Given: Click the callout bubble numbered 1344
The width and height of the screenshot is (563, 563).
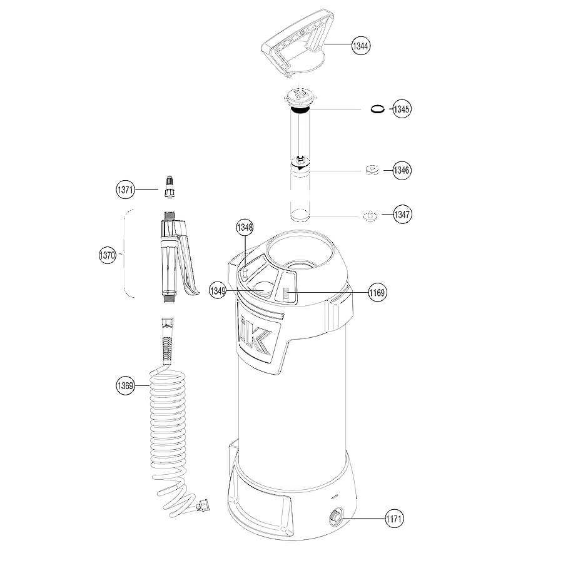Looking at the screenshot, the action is pos(361,46).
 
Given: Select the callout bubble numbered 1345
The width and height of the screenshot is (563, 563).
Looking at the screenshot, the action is pos(401,109).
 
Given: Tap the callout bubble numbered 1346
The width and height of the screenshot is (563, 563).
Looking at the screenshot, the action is pos(402,170).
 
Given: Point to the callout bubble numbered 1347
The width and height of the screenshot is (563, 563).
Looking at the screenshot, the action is pos(402,215).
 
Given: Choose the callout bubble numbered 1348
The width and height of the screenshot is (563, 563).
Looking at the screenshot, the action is pos(245,227).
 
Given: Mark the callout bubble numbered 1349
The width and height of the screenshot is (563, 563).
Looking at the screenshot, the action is pos(218,290).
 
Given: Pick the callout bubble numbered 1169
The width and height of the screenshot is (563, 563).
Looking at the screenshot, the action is pos(377,293).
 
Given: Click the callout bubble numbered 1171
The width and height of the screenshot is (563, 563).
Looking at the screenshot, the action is pos(394,519).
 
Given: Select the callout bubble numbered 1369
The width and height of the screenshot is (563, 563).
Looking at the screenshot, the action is pos(125,385).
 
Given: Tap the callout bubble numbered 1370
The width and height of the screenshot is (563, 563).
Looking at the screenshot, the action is pos(108,255).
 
